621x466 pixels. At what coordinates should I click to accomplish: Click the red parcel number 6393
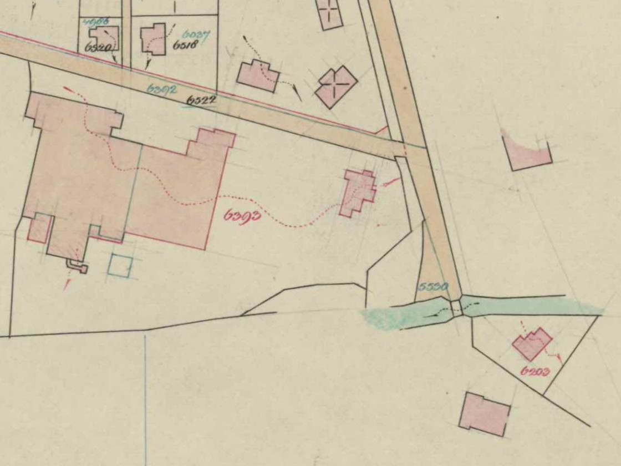[242, 215]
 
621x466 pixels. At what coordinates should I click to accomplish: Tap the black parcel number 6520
[98, 48]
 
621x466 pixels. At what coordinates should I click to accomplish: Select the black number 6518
[185, 46]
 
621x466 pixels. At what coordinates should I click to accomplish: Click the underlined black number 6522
[201, 100]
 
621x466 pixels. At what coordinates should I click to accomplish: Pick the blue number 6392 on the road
[162, 88]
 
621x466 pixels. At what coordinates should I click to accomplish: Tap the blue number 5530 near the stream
[432, 287]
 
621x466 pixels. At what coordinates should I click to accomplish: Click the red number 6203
[535, 371]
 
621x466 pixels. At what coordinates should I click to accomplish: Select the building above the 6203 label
[532, 343]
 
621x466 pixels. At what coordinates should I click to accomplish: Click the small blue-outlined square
[120, 266]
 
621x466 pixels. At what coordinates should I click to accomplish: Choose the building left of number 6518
[154, 39]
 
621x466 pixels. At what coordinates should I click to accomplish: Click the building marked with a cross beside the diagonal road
[336, 87]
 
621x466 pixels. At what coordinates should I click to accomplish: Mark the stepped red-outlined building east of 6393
[359, 193]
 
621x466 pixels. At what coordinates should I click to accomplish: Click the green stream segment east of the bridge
[527, 306]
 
